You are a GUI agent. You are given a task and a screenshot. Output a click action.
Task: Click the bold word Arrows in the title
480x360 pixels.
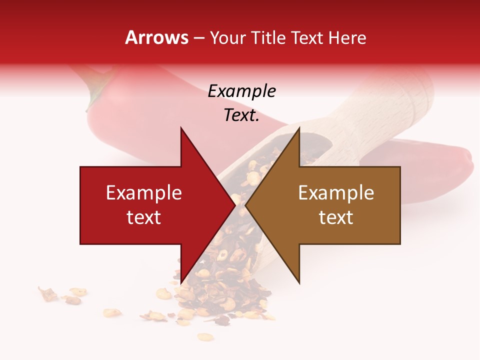coord(157,38)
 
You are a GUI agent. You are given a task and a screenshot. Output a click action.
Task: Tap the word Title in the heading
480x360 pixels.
coord(269,38)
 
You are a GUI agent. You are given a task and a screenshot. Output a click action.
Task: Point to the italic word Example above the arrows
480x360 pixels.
coord(241,91)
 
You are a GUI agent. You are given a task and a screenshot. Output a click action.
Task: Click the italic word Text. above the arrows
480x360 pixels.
coord(241,115)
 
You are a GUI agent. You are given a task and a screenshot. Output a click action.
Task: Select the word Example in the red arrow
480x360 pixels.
coord(144,193)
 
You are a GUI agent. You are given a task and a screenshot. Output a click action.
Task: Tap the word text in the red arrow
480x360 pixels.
coord(144,217)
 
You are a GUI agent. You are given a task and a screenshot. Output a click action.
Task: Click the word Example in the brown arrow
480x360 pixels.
coord(336,193)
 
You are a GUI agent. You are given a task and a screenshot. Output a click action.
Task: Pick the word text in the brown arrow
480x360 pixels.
coord(336,217)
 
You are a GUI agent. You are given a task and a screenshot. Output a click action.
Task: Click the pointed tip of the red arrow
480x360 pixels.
coord(235,205)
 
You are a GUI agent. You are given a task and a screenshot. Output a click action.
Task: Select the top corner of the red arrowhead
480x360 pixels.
coord(181,128)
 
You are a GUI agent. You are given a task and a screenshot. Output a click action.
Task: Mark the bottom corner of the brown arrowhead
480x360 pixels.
coord(299,283)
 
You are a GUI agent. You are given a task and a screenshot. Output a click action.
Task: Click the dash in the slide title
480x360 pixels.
coord(199,38)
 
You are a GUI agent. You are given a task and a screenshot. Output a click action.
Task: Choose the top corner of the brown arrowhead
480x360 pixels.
coord(299,128)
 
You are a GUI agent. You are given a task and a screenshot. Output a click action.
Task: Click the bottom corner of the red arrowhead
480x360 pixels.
coord(181,283)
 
